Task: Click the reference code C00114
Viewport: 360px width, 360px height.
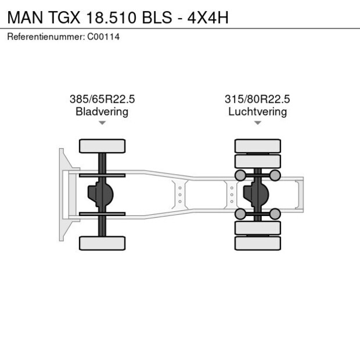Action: (x=103, y=37)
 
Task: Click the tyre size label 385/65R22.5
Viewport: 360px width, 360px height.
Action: (x=102, y=99)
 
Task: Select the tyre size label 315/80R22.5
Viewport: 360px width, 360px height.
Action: (x=257, y=99)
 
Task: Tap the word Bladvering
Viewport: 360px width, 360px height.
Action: (x=102, y=111)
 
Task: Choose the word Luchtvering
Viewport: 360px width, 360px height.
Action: (x=257, y=111)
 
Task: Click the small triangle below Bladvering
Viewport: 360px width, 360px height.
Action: (x=102, y=123)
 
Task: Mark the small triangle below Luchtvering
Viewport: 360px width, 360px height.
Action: (x=257, y=123)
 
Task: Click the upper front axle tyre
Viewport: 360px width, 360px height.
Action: (x=102, y=146)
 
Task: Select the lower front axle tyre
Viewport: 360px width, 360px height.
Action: (x=102, y=243)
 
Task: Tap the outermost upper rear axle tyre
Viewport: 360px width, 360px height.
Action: (x=257, y=145)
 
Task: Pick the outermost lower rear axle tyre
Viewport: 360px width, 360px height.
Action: (x=257, y=243)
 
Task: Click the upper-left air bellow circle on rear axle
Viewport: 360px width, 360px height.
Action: (x=239, y=175)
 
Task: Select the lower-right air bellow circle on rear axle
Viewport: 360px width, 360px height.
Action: (x=275, y=214)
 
